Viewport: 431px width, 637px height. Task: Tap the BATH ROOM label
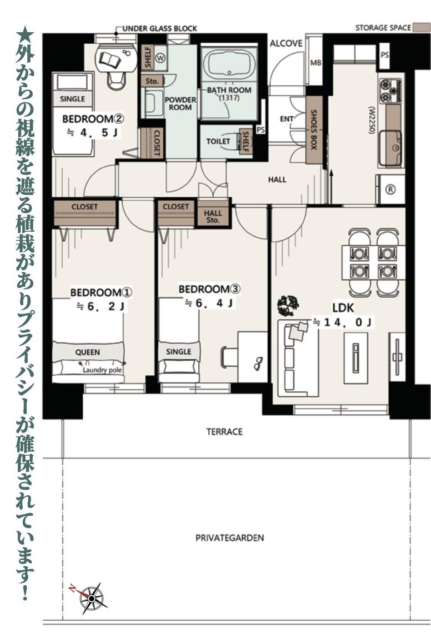[229, 90]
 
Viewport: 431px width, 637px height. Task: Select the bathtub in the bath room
[229, 66]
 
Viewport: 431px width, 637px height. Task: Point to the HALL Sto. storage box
[213, 216]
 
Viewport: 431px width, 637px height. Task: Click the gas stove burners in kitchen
[390, 90]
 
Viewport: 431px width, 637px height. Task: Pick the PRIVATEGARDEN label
[230, 538]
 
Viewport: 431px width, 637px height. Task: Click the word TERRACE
[225, 432]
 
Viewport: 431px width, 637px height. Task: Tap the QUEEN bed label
[88, 352]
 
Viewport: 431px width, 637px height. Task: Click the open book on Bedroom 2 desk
[110, 60]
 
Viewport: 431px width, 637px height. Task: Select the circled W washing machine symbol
[160, 58]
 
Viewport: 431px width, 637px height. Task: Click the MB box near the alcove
[316, 63]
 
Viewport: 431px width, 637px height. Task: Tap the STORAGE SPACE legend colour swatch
[418, 28]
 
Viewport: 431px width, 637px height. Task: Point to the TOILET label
[218, 141]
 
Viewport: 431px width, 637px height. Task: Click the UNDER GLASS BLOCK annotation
[160, 29]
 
